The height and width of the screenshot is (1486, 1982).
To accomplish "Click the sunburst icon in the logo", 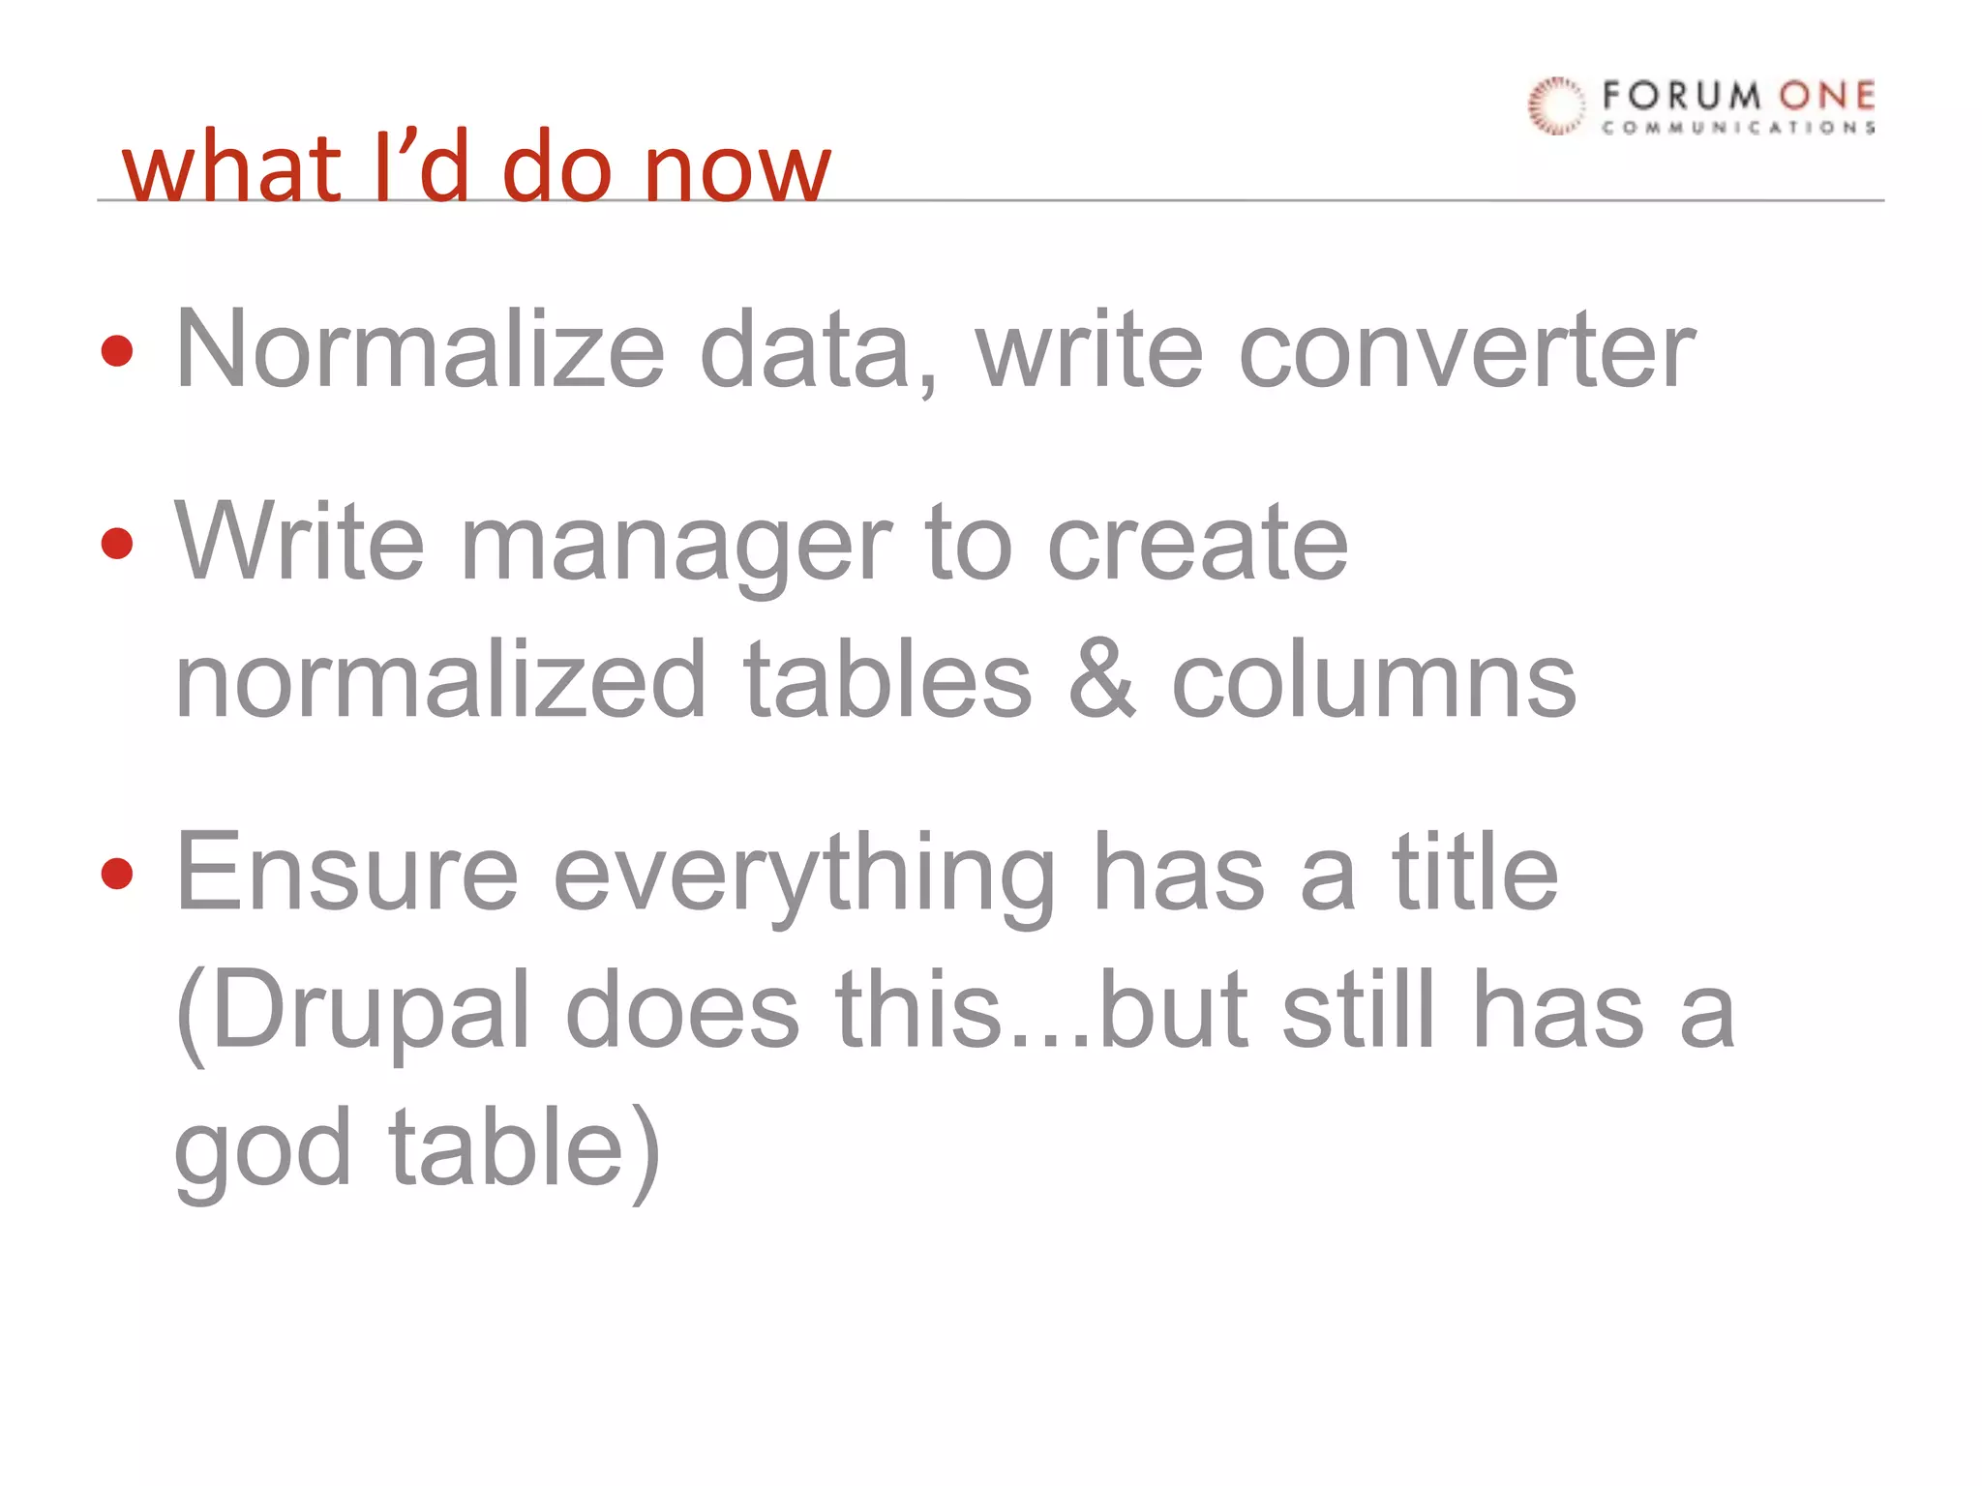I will pos(1556,105).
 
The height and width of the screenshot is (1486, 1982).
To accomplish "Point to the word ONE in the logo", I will pos(1827,96).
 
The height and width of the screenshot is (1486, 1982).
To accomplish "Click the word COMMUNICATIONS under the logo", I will pos(1738,128).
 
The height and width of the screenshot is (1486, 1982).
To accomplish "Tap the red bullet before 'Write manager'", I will pos(117,543).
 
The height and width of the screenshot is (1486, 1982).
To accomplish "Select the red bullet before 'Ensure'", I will pos(117,873).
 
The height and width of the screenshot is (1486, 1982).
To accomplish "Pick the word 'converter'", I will pos(1466,350).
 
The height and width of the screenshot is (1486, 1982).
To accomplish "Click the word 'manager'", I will pos(676,547).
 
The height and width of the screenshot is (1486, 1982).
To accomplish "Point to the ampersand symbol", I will pos(1101,681).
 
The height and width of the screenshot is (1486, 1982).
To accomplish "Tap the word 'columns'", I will pos(1374,681).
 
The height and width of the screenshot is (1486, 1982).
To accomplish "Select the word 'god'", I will pos(262,1151).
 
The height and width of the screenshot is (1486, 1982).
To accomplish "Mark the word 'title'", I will pos(1475,873).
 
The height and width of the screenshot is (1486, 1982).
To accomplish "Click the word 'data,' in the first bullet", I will pos(819,350).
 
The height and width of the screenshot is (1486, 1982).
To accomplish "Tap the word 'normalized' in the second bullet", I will pos(441,681).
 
